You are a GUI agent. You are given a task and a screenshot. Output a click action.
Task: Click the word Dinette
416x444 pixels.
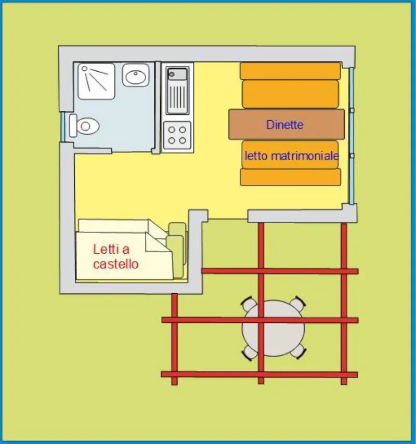coord(284,125)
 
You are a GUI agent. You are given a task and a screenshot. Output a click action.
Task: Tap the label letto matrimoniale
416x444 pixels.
coord(291,156)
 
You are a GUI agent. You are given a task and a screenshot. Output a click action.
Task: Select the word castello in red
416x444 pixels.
coord(116,264)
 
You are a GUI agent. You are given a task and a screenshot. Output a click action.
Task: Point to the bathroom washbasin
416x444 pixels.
coord(136,76)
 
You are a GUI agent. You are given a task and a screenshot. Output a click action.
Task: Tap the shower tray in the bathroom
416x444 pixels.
coord(96,81)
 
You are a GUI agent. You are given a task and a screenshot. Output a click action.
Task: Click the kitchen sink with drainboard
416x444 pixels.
coord(177,90)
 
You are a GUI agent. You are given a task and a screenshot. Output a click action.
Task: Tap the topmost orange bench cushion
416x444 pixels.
coord(290,71)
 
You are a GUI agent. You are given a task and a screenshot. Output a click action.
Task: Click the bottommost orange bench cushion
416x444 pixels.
coord(290,177)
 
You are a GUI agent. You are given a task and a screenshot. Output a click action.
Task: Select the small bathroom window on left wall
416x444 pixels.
coord(63,127)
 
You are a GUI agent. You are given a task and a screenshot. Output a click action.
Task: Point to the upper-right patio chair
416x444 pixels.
coord(297,303)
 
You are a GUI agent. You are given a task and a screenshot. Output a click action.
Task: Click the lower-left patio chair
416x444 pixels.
coord(249,354)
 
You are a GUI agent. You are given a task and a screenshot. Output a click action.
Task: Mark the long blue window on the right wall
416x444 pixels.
coord(352,135)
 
